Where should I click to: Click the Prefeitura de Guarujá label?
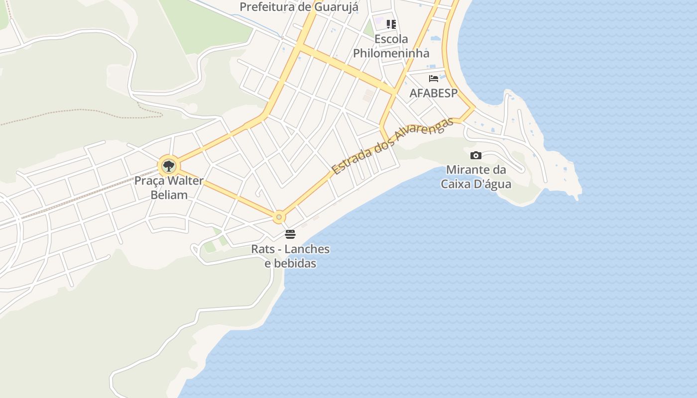point(299,7)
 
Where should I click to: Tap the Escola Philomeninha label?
point(391,46)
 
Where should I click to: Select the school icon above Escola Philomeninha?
point(391,24)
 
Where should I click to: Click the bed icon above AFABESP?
point(434,78)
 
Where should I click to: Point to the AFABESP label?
point(433,93)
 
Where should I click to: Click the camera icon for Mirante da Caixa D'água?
point(476,155)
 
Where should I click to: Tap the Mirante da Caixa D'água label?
point(476,177)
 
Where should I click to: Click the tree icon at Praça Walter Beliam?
point(169,166)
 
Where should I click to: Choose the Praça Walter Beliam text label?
point(169,188)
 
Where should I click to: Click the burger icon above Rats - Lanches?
point(290,234)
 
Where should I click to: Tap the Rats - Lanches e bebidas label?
point(290,256)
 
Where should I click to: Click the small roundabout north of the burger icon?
point(279,217)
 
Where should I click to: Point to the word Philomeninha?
point(391,53)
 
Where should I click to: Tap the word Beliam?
point(169,195)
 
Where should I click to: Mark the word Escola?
point(391,39)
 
